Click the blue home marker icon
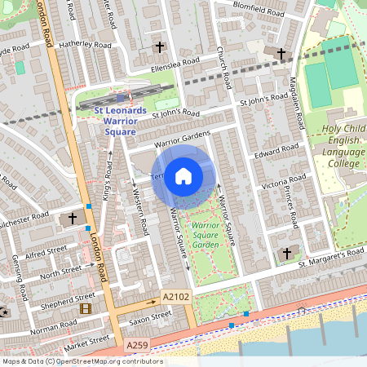(x=183, y=175)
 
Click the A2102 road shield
(x=176, y=298)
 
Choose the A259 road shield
(x=139, y=347)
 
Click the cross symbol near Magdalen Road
(x=282, y=55)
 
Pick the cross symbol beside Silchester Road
(x=72, y=219)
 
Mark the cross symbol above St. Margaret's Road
(x=286, y=254)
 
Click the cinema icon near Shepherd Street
(x=86, y=308)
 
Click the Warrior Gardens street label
(x=183, y=139)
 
